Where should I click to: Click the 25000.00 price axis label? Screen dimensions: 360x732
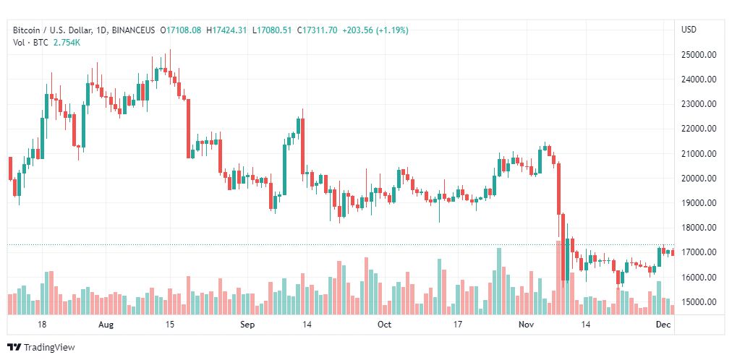(699, 55)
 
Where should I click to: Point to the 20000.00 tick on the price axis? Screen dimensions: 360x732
(699, 179)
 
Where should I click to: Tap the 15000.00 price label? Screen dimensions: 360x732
(699, 302)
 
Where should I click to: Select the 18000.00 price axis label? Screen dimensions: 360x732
(699, 228)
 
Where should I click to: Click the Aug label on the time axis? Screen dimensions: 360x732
(106, 325)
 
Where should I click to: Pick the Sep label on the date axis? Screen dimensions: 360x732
(247, 325)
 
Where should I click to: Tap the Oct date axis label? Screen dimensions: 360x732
(384, 325)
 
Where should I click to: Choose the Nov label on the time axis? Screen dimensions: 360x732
(526, 325)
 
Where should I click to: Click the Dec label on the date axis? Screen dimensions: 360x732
(664, 325)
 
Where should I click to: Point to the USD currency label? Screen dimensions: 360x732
(689, 30)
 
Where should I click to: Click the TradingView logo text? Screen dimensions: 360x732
(48, 348)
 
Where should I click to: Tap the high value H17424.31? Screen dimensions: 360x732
(226, 30)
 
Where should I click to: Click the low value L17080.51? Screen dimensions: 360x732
(270, 30)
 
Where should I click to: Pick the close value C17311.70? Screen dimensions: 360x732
(314, 30)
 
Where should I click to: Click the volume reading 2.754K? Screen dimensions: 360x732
(66, 43)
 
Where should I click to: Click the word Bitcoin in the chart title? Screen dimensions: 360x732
(27, 30)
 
